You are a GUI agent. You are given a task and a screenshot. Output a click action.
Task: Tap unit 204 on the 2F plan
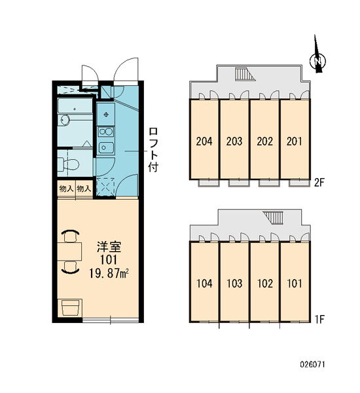pyautogui.click(x=204, y=141)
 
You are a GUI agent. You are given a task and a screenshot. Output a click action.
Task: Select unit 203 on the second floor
pyautogui.click(x=234, y=141)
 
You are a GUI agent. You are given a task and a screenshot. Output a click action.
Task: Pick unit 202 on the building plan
pyautogui.click(x=264, y=141)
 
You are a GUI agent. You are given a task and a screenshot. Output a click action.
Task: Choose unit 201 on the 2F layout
pyautogui.click(x=295, y=141)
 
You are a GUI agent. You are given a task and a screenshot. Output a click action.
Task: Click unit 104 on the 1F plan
pyautogui.click(x=204, y=284)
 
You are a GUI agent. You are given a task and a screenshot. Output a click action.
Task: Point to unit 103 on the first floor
pyautogui.click(x=234, y=284)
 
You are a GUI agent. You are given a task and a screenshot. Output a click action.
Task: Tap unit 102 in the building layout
pyautogui.click(x=265, y=284)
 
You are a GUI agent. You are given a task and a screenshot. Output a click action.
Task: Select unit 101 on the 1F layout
pyautogui.click(x=295, y=284)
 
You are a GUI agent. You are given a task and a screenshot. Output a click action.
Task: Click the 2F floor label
pyautogui.click(x=319, y=183)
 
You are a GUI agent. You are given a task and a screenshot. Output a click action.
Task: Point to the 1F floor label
pyautogui.click(x=319, y=320)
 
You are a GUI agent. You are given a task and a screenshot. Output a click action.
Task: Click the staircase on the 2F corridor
pyautogui.click(x=245, y=74)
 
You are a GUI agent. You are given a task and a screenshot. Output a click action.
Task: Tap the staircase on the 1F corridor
pyautogui.click(x=273, y=217)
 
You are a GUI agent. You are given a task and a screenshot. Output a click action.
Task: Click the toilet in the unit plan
pyautogui.click(x=68, y=164)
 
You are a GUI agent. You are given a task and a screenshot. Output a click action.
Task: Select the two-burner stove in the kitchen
pyautogui.click(x=106, y=132)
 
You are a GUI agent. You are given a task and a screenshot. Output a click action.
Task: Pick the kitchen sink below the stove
pyautogui.click(x=106, y=147)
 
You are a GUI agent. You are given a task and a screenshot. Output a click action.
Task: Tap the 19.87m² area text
pyautogui.click(x=109, y=273)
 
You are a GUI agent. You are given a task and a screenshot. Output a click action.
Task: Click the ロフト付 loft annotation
pyautogui.click(x=153, y=149)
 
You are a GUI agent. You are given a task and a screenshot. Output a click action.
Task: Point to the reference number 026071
pyautogui.click(x=312, y=364)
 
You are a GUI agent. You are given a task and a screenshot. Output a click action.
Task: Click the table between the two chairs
pyautogui.click(x=69, y=252)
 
